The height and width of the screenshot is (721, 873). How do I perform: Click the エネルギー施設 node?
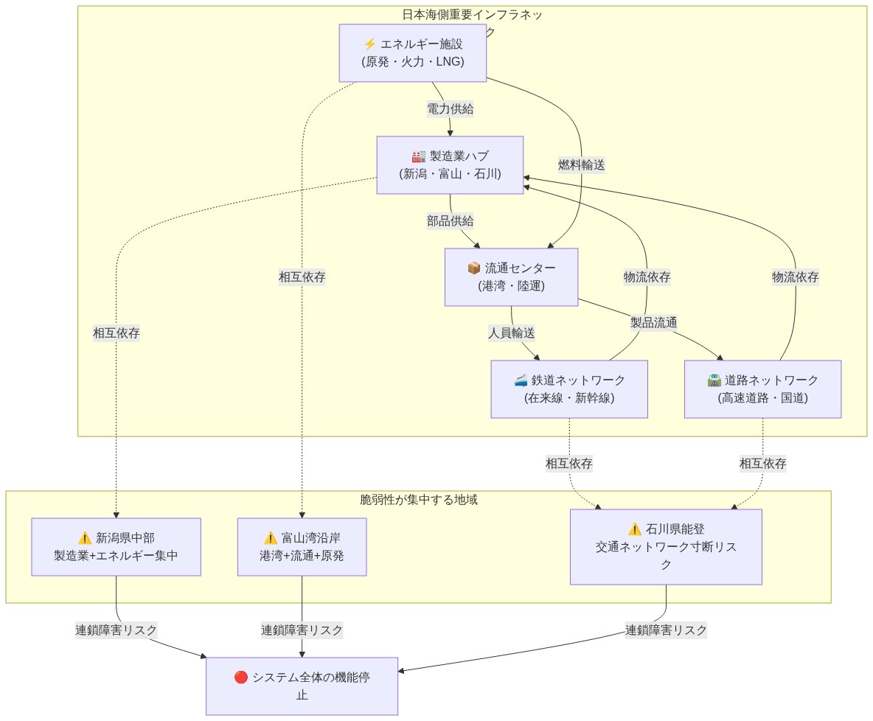(x=412, y=53)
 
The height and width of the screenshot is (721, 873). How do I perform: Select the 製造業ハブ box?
(x=450, y=165)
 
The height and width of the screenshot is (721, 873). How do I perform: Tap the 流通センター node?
(x=511, y=277)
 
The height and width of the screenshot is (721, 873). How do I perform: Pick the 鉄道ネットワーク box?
(x=569, y=389)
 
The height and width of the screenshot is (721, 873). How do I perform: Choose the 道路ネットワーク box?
(x=762, y=389)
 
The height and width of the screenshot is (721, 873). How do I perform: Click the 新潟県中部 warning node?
(x=116, y=547)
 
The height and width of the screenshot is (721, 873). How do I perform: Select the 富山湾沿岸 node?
(x=302, y=547)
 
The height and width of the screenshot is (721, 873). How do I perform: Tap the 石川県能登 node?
(x=665, y=547)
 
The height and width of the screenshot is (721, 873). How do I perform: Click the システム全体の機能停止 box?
(x=302, y=686)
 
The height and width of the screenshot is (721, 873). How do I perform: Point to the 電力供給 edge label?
(x=450, y=109)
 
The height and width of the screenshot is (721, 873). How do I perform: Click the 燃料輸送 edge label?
(x=581, y=165)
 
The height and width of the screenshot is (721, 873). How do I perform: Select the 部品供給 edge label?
(x=450, y=221)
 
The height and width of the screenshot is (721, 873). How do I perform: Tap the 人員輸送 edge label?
(x=511, y=333)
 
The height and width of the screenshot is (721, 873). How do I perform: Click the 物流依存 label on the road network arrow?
(x=795, y=277)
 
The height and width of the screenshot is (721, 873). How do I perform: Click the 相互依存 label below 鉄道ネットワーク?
(x=568, y=464)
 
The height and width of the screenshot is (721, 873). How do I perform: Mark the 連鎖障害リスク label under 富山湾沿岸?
(x=302, y=630)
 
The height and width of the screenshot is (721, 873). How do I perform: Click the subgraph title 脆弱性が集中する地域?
(x=418, y=500)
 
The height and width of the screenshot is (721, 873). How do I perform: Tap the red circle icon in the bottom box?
(x=240, y=678)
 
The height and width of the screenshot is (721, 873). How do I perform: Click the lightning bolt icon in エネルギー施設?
(x=370, y=44)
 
